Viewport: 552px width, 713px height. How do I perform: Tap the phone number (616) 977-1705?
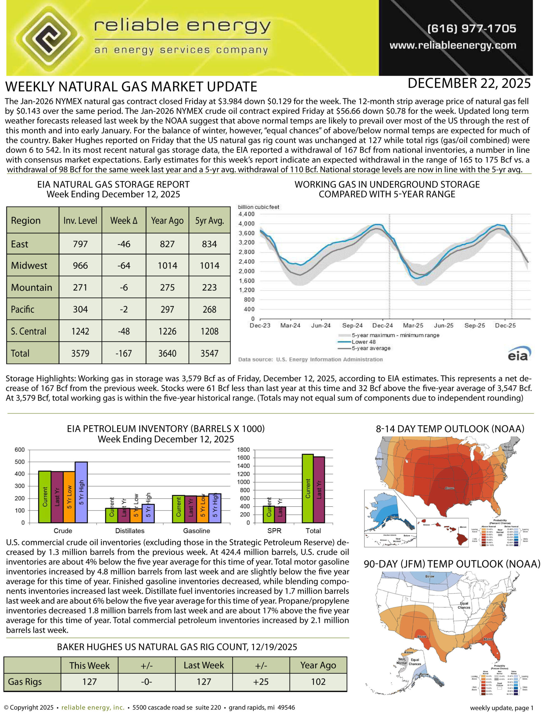471,28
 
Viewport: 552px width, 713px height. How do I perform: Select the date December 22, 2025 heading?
469,84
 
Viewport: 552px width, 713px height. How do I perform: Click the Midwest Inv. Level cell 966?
80,265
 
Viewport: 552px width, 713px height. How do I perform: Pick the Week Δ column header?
124,221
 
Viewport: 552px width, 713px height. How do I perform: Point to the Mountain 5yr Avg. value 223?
209,287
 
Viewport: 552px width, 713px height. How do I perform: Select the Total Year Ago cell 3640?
167,353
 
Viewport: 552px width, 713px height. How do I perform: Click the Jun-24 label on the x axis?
321,326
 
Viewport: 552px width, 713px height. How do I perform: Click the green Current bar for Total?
307,489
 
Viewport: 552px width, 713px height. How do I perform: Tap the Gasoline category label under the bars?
197,531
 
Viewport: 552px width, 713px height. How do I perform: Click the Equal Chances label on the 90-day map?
464,605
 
